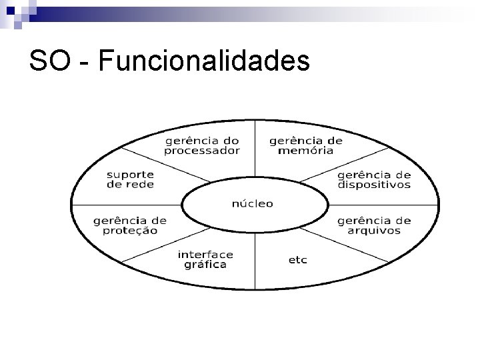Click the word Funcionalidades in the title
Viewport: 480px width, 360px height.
tap(203, 61)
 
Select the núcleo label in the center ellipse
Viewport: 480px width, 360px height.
tap(252, 203)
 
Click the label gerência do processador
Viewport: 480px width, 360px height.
tap(202, 145)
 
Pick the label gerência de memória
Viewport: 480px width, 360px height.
tap(306, 145)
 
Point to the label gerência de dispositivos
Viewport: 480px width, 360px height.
tap(373, 180)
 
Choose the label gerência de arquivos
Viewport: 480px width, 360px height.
tap(374, 226)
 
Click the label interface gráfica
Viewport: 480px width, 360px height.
tap(205, 259)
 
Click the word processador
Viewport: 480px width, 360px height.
tap(202, 151)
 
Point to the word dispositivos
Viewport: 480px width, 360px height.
tap(373, 185)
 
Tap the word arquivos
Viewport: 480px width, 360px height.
tap(374, 231)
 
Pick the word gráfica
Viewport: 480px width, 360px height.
tap(205, 265)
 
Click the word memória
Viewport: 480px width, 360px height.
tap(306, 151)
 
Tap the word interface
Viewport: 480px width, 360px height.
tap(205, 254)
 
